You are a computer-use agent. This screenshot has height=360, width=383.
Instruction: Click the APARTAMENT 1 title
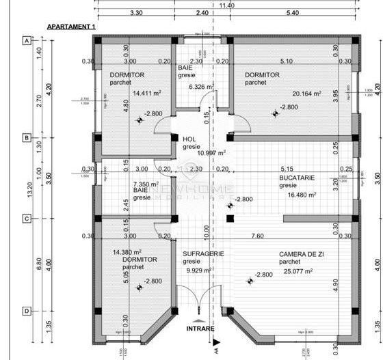point(71,26)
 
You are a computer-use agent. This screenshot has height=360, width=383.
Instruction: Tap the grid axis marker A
point(27,40)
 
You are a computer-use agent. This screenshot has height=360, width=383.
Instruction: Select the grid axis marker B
point(27,137)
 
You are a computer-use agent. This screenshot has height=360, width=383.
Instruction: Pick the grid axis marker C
point(27,219)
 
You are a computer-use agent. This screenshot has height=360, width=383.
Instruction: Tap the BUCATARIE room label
point(297,177)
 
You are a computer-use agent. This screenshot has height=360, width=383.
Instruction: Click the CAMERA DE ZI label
point(301,254)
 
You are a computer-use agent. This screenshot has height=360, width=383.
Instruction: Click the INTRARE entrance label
point(200,329)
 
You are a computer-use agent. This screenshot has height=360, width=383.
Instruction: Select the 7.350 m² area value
point(146,184)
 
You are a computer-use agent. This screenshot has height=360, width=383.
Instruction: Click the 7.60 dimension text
point(258,236)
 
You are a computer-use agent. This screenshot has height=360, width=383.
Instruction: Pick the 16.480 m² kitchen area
point(301,194)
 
